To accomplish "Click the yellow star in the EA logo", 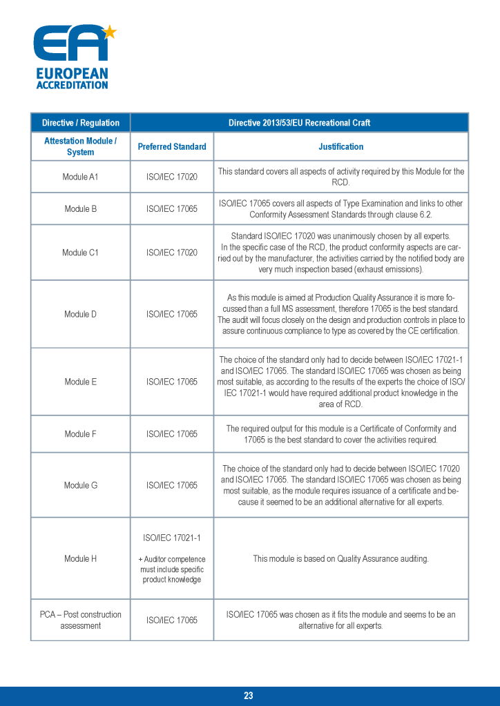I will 109,31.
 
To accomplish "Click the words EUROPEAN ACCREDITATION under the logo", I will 72,79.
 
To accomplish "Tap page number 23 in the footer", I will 249,696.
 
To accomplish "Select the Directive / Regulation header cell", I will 80,123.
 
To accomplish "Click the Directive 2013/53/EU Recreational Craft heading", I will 299,123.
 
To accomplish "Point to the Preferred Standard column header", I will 172,146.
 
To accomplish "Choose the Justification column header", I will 340,146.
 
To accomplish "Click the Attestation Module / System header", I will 80,146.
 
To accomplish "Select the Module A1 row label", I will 80,177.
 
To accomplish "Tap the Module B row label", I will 80,208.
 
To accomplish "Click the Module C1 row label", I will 80,252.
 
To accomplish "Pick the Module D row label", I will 80,314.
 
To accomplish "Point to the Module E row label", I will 80,382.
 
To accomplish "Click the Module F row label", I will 80,434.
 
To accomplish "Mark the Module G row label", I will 80,485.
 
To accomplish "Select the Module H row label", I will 80,558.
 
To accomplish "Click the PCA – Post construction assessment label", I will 80,620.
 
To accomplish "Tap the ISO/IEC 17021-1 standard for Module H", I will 172,538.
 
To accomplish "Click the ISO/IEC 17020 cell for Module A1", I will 172,177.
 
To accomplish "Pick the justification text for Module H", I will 340,558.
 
